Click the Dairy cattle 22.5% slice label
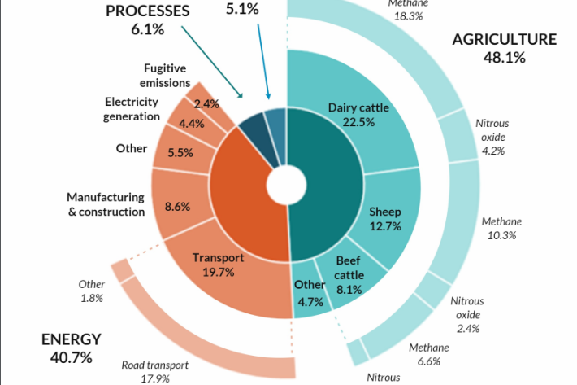[x=358, y=115]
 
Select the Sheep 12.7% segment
[x=385, y=219]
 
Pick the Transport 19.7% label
[x=218, y=265]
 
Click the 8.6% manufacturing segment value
[x=177, y=207]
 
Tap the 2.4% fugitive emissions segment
[x=207, y=103]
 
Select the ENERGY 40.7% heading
[x=72, y=348]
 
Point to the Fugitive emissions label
[x=167, y=76]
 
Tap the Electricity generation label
[x=132, y=109]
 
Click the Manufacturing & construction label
[x=106, y=204]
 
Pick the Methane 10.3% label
[x=501, y=228]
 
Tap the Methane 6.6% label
[x=428, y=353]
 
